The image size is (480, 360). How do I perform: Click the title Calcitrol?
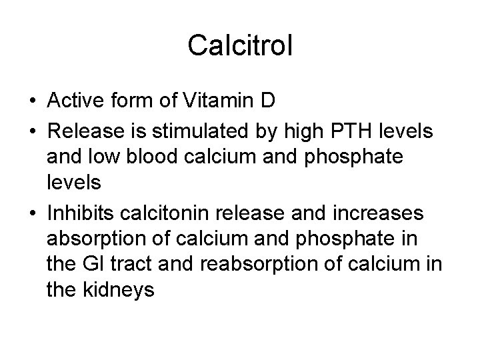point(239,45)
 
